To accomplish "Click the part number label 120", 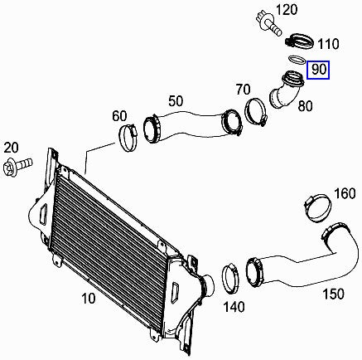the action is (x=287, y=10).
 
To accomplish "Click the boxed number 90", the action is (x=319, y=70).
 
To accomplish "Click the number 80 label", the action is (x=305, y=106).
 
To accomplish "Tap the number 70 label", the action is (x=244, y=90).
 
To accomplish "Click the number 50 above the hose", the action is (x=176, y=101).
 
